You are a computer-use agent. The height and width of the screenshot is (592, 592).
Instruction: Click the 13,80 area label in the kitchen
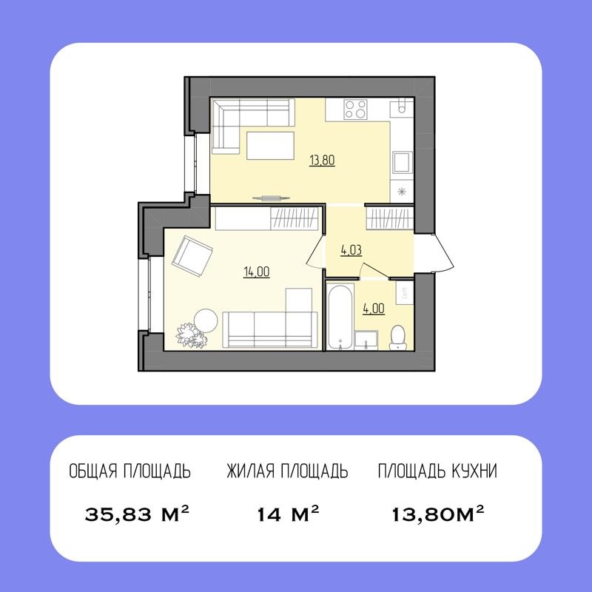coord(322,159)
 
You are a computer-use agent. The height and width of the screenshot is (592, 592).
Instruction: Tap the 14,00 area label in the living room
coord(256,272)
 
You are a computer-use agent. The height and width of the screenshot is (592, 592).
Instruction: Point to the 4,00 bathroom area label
coord(373,309)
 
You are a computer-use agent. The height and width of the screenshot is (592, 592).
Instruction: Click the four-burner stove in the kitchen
coord(356,110)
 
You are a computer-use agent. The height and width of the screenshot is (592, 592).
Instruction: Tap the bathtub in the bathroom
coord(340,317)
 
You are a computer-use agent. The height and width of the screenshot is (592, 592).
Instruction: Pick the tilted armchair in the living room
coord(192,255)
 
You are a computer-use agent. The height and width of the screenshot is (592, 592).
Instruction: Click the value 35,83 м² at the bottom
coord(138,513)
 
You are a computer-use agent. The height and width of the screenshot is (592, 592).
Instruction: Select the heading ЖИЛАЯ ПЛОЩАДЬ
coord(287,471)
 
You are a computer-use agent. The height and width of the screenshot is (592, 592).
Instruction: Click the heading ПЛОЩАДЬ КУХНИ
coord(437,471)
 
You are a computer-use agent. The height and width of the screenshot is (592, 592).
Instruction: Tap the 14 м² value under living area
coord(288,513)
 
